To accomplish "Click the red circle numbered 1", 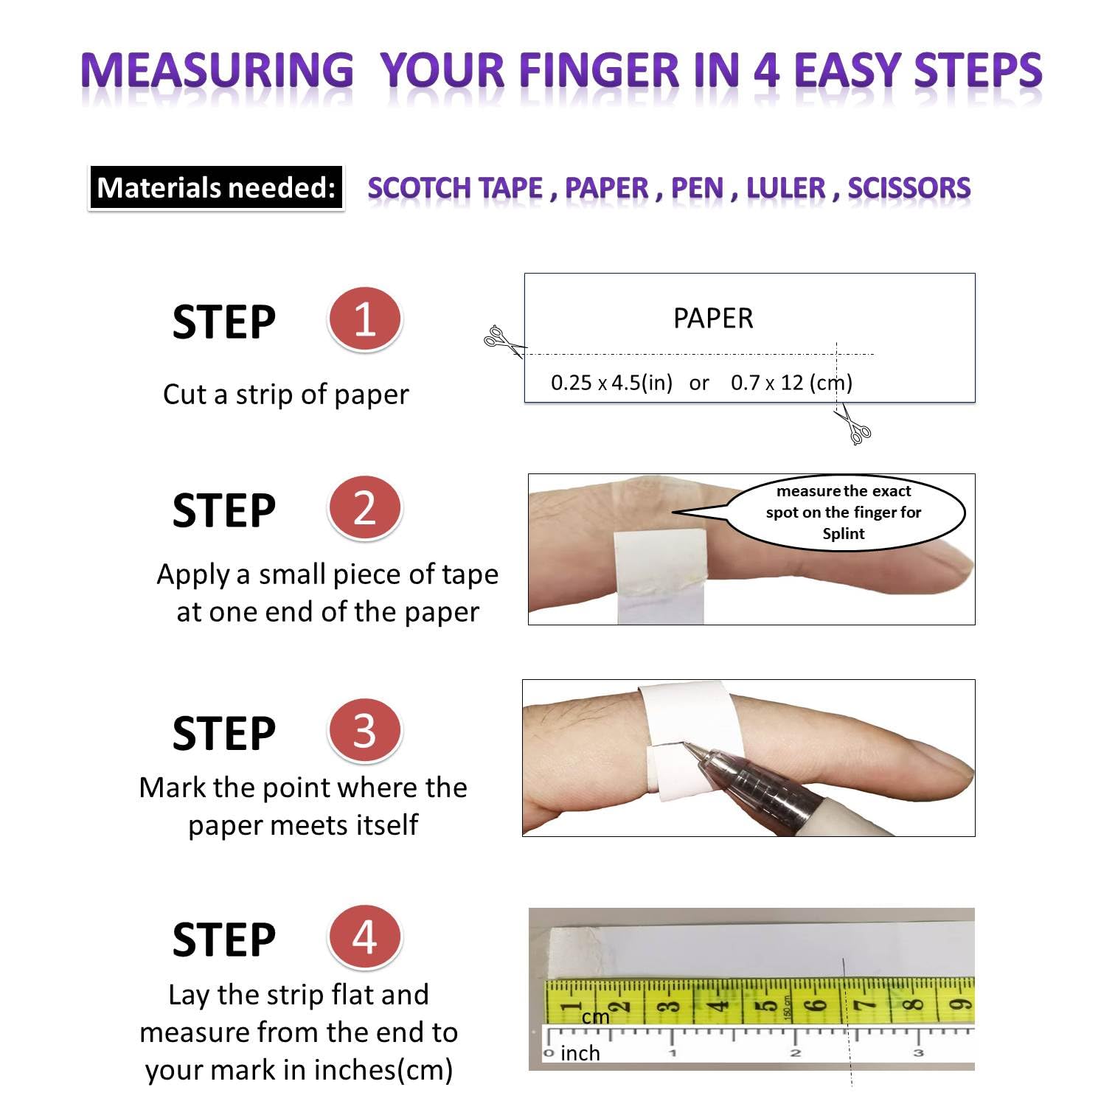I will click(x=364, y=319).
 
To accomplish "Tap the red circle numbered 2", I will click(x=364, y=508).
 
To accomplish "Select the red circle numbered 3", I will click(x=364, y=731).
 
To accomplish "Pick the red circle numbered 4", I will click(x=364, y=937).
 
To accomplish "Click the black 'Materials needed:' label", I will click(x=216, y=188).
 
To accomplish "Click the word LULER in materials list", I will click(x=785, y=188).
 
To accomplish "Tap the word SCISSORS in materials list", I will click(x=909, y=188).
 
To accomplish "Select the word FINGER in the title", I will click(x=599, y=72).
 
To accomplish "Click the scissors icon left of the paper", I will click(x=501, y=340).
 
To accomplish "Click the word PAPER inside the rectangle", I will click(x=713, y=319).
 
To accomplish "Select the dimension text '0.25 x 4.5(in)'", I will click(x=611, y=383).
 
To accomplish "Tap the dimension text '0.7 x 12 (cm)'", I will click(x=791, y=383).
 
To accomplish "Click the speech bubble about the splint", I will click(x=844, y=513).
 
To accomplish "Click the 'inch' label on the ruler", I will click(x=580, y=1053).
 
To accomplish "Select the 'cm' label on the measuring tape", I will click(x=595, y=1017).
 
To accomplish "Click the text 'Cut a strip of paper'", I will click(x=286, y=395).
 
